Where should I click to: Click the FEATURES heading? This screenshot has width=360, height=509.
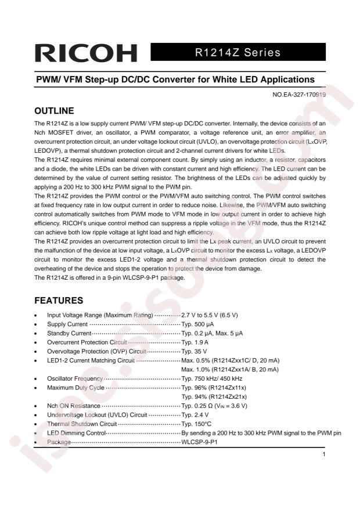pyautogui.click(x=59, y=301)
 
